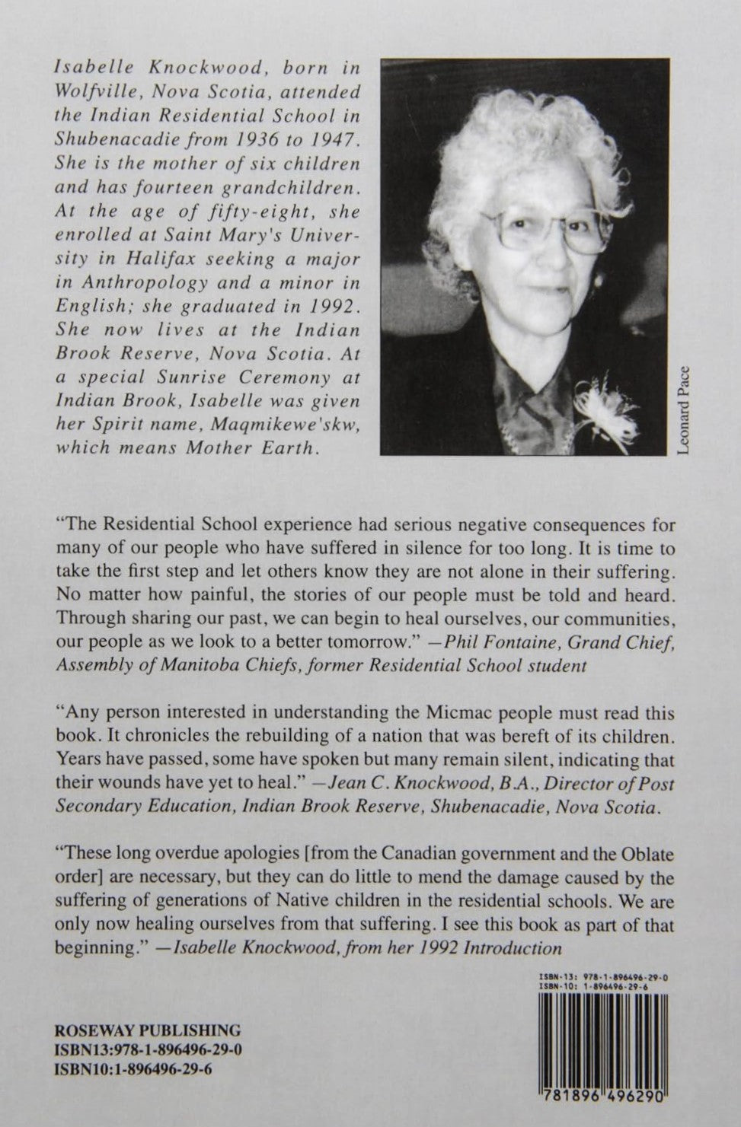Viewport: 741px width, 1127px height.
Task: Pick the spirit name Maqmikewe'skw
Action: (x=296, y=425)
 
